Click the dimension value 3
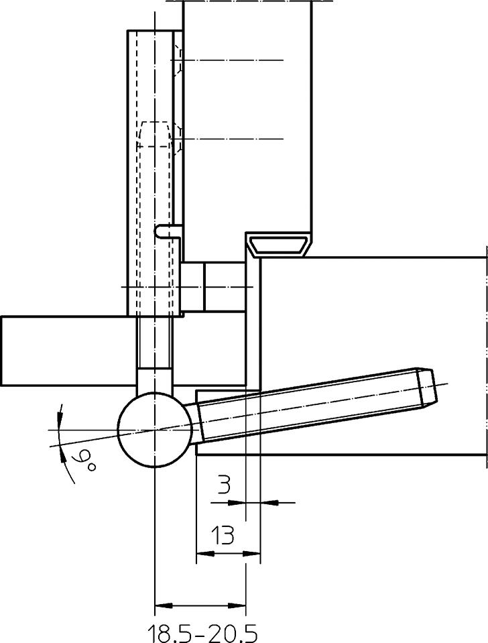[x=223, y=485]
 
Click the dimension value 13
[x=223, y=535]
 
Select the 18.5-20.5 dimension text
[x=202, y=634]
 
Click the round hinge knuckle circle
[x=155, y=429]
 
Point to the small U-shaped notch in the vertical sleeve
[x=168, y=231]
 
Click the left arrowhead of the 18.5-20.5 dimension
[x=163, y=605]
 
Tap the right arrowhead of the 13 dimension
[x=252, y=554]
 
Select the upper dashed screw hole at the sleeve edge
[x=178, y=60]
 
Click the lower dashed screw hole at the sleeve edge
[x=178, y=139]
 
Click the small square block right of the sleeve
[x=193, y=286]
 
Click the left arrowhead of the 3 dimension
[x=237, y=502]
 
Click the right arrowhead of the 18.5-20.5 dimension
[x=237, y=605]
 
